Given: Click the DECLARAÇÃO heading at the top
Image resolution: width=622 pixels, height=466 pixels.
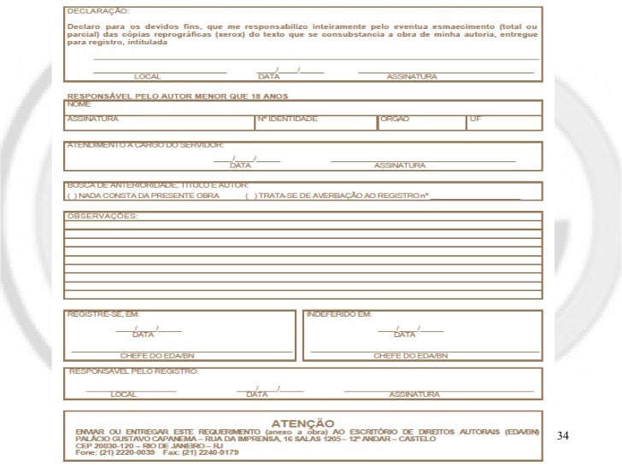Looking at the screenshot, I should pyautogui.click(x=99, y=13).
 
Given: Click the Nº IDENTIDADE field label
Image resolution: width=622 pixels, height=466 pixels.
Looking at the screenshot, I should pyautogui.click(x=287, y=119).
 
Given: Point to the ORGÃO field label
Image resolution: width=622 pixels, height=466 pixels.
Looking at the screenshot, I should pyautogui.click(x=395, y=119).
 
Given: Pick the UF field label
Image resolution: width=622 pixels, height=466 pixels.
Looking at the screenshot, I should pyautogui.click(x=475, y=119).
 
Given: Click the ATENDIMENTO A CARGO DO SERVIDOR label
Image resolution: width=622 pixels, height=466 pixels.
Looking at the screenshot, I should pyautogui.click(x=145, y=146).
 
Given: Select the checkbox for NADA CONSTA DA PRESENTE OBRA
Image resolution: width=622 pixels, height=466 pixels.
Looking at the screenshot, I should pyautogui.click(x=70, y=195).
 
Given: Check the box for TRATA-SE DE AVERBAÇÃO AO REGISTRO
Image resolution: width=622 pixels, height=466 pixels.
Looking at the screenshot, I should pyautogui.click(x=248, y=195).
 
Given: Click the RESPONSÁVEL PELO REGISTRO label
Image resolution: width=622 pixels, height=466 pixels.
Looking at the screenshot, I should pyautogui.click(x=133, y=371).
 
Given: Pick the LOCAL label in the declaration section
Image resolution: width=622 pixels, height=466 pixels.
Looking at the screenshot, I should pyautogui.click(x=148, y=77).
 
